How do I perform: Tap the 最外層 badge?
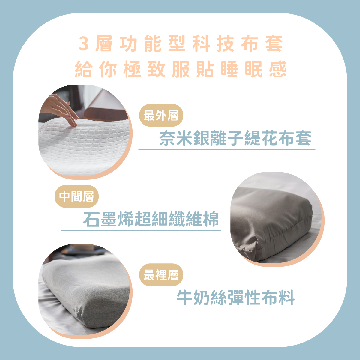[x=161, y=115]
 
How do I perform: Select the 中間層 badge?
[x=76, y=196]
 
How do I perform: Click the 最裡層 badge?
[x=161, y=275]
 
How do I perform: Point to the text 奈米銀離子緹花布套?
[x=235, y=138]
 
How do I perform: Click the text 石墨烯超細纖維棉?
[x=151, y=219]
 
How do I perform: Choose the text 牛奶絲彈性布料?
[x=235, y=298]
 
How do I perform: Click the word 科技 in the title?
[x=213, y=43]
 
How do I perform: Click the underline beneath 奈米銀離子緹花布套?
[x=227, y=150]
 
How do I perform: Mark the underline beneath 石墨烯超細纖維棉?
[x=141, y=231]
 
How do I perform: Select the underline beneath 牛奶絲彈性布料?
[x=219, y=308]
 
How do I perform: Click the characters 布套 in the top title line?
[x=262, y=43]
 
